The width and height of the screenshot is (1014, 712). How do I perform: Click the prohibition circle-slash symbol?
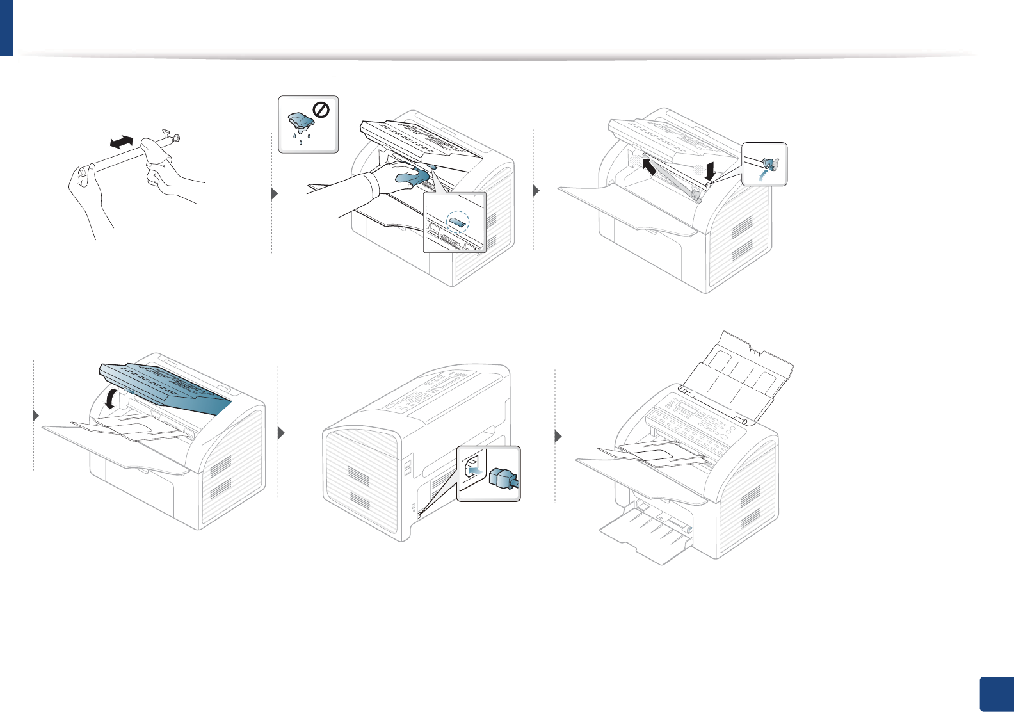point(321,111)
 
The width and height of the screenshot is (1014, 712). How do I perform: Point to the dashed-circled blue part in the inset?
point(457,222)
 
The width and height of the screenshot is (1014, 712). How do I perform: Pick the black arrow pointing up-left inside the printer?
point(649,168)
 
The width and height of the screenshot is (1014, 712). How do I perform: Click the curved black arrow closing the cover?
point(111,400)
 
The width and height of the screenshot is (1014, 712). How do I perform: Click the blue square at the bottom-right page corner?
point(997,695)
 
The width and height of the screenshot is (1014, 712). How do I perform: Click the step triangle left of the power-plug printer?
point(281,433)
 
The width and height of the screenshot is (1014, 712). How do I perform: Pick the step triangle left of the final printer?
point(558,437)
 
